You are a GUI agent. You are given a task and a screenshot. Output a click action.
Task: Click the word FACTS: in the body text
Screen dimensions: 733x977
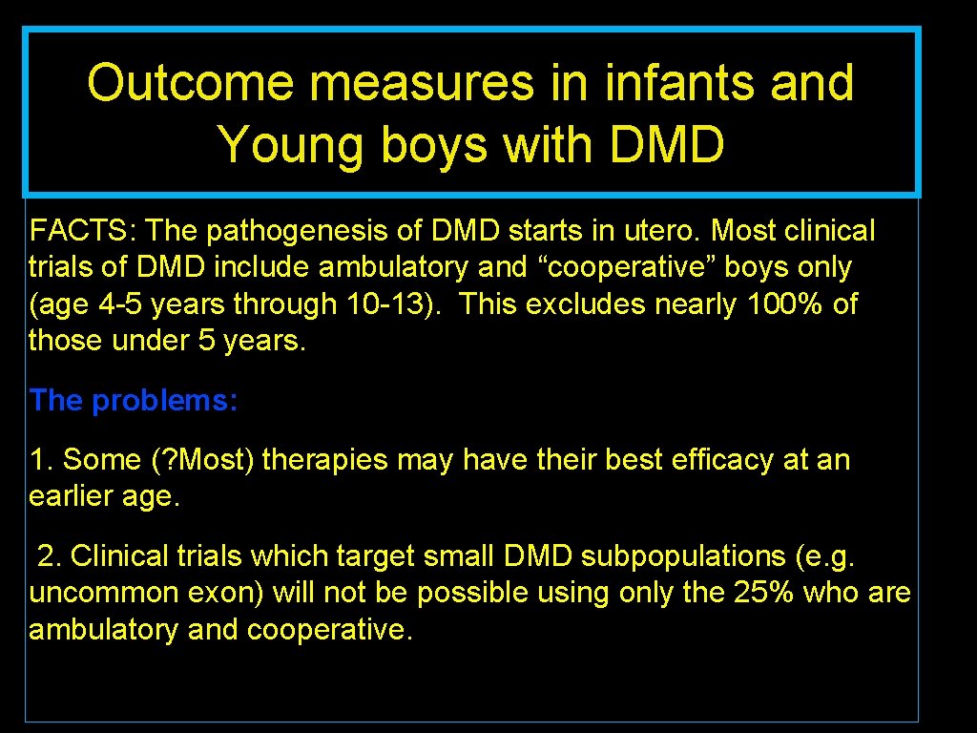point(84,231)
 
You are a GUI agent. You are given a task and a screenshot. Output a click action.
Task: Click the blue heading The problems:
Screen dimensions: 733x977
point(134,401)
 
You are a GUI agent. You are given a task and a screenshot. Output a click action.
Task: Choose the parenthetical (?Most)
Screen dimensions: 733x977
point(203,460)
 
